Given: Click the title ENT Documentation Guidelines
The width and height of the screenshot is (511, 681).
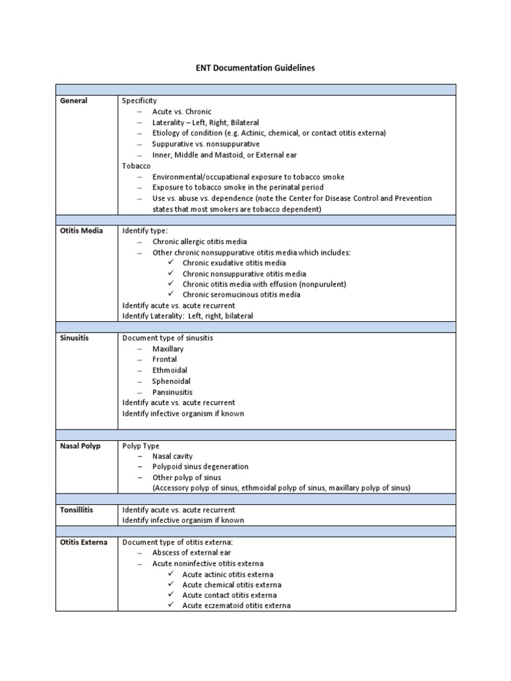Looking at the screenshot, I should [255, 68].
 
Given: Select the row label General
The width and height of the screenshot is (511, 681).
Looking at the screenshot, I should [74, 101].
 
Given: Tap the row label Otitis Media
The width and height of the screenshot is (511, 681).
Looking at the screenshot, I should [82, 231].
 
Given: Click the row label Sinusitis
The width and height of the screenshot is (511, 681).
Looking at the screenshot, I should [73, 338].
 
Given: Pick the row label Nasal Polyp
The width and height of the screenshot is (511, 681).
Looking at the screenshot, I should [81, 446].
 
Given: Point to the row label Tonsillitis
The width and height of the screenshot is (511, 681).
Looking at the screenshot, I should [77, 510].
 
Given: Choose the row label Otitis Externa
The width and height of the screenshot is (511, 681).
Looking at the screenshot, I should [84, 542].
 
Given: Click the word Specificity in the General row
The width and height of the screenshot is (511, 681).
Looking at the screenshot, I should [139, 101].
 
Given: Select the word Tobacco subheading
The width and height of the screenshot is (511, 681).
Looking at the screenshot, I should [136, 166].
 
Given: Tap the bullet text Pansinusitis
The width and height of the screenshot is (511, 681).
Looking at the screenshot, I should [172, 392].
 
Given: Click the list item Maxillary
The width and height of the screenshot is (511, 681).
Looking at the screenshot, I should [168, 348].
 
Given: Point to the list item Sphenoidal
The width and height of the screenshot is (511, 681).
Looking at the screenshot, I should [171, 381].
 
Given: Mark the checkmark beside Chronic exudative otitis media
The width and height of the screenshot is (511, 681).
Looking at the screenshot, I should [170, 263].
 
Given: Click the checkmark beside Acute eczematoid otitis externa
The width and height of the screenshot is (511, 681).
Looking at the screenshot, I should [170, 606].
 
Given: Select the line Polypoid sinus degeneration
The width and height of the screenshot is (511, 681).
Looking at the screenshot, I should [200, 467].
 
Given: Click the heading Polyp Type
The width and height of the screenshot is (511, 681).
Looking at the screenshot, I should [140, 446].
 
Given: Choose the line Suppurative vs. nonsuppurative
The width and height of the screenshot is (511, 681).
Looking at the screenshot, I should [206, 144].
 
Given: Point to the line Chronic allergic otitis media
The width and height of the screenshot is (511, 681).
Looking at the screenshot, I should [200, 241].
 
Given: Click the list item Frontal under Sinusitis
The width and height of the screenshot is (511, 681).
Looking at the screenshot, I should [164, 359].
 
